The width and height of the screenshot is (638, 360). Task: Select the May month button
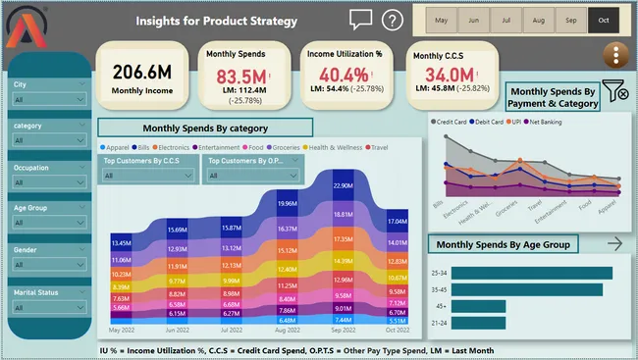click(442, 20)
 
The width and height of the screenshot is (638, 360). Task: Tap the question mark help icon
click(393, 20)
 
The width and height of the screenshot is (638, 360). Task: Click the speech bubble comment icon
click(360, 20)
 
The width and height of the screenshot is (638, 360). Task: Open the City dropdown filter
click(48, 100)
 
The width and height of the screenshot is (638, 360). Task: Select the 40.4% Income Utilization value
click(345, 76)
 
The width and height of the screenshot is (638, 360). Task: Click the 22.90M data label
click(343, 185)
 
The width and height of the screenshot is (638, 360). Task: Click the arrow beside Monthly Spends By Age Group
click(615, 243)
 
